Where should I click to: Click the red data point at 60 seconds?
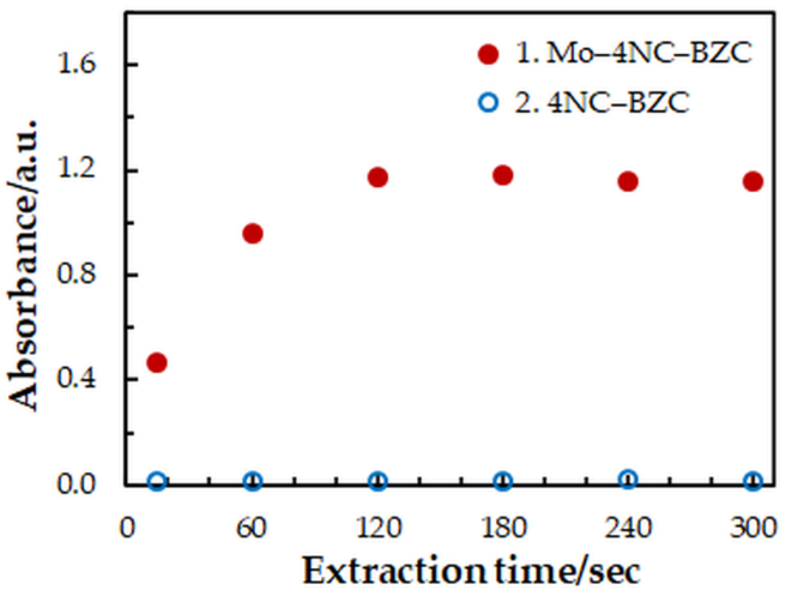click(253, 234)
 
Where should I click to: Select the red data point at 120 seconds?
click(378, 177)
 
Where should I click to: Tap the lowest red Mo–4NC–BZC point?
click(157, 363)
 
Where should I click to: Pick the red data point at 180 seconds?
click(503, 175)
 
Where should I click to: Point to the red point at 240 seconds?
click(628, 181)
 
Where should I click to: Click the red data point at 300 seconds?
click(753, 181)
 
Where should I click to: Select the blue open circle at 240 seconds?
click(628, 479)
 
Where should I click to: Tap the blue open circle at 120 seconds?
click(378, 481)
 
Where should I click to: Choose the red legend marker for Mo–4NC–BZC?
click(489, 54)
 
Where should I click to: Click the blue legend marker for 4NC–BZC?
click(489, 103)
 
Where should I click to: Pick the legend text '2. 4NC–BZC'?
click(602, 103)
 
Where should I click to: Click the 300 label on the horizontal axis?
click(753, 528)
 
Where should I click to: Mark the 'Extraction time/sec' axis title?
click(471, 571)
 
